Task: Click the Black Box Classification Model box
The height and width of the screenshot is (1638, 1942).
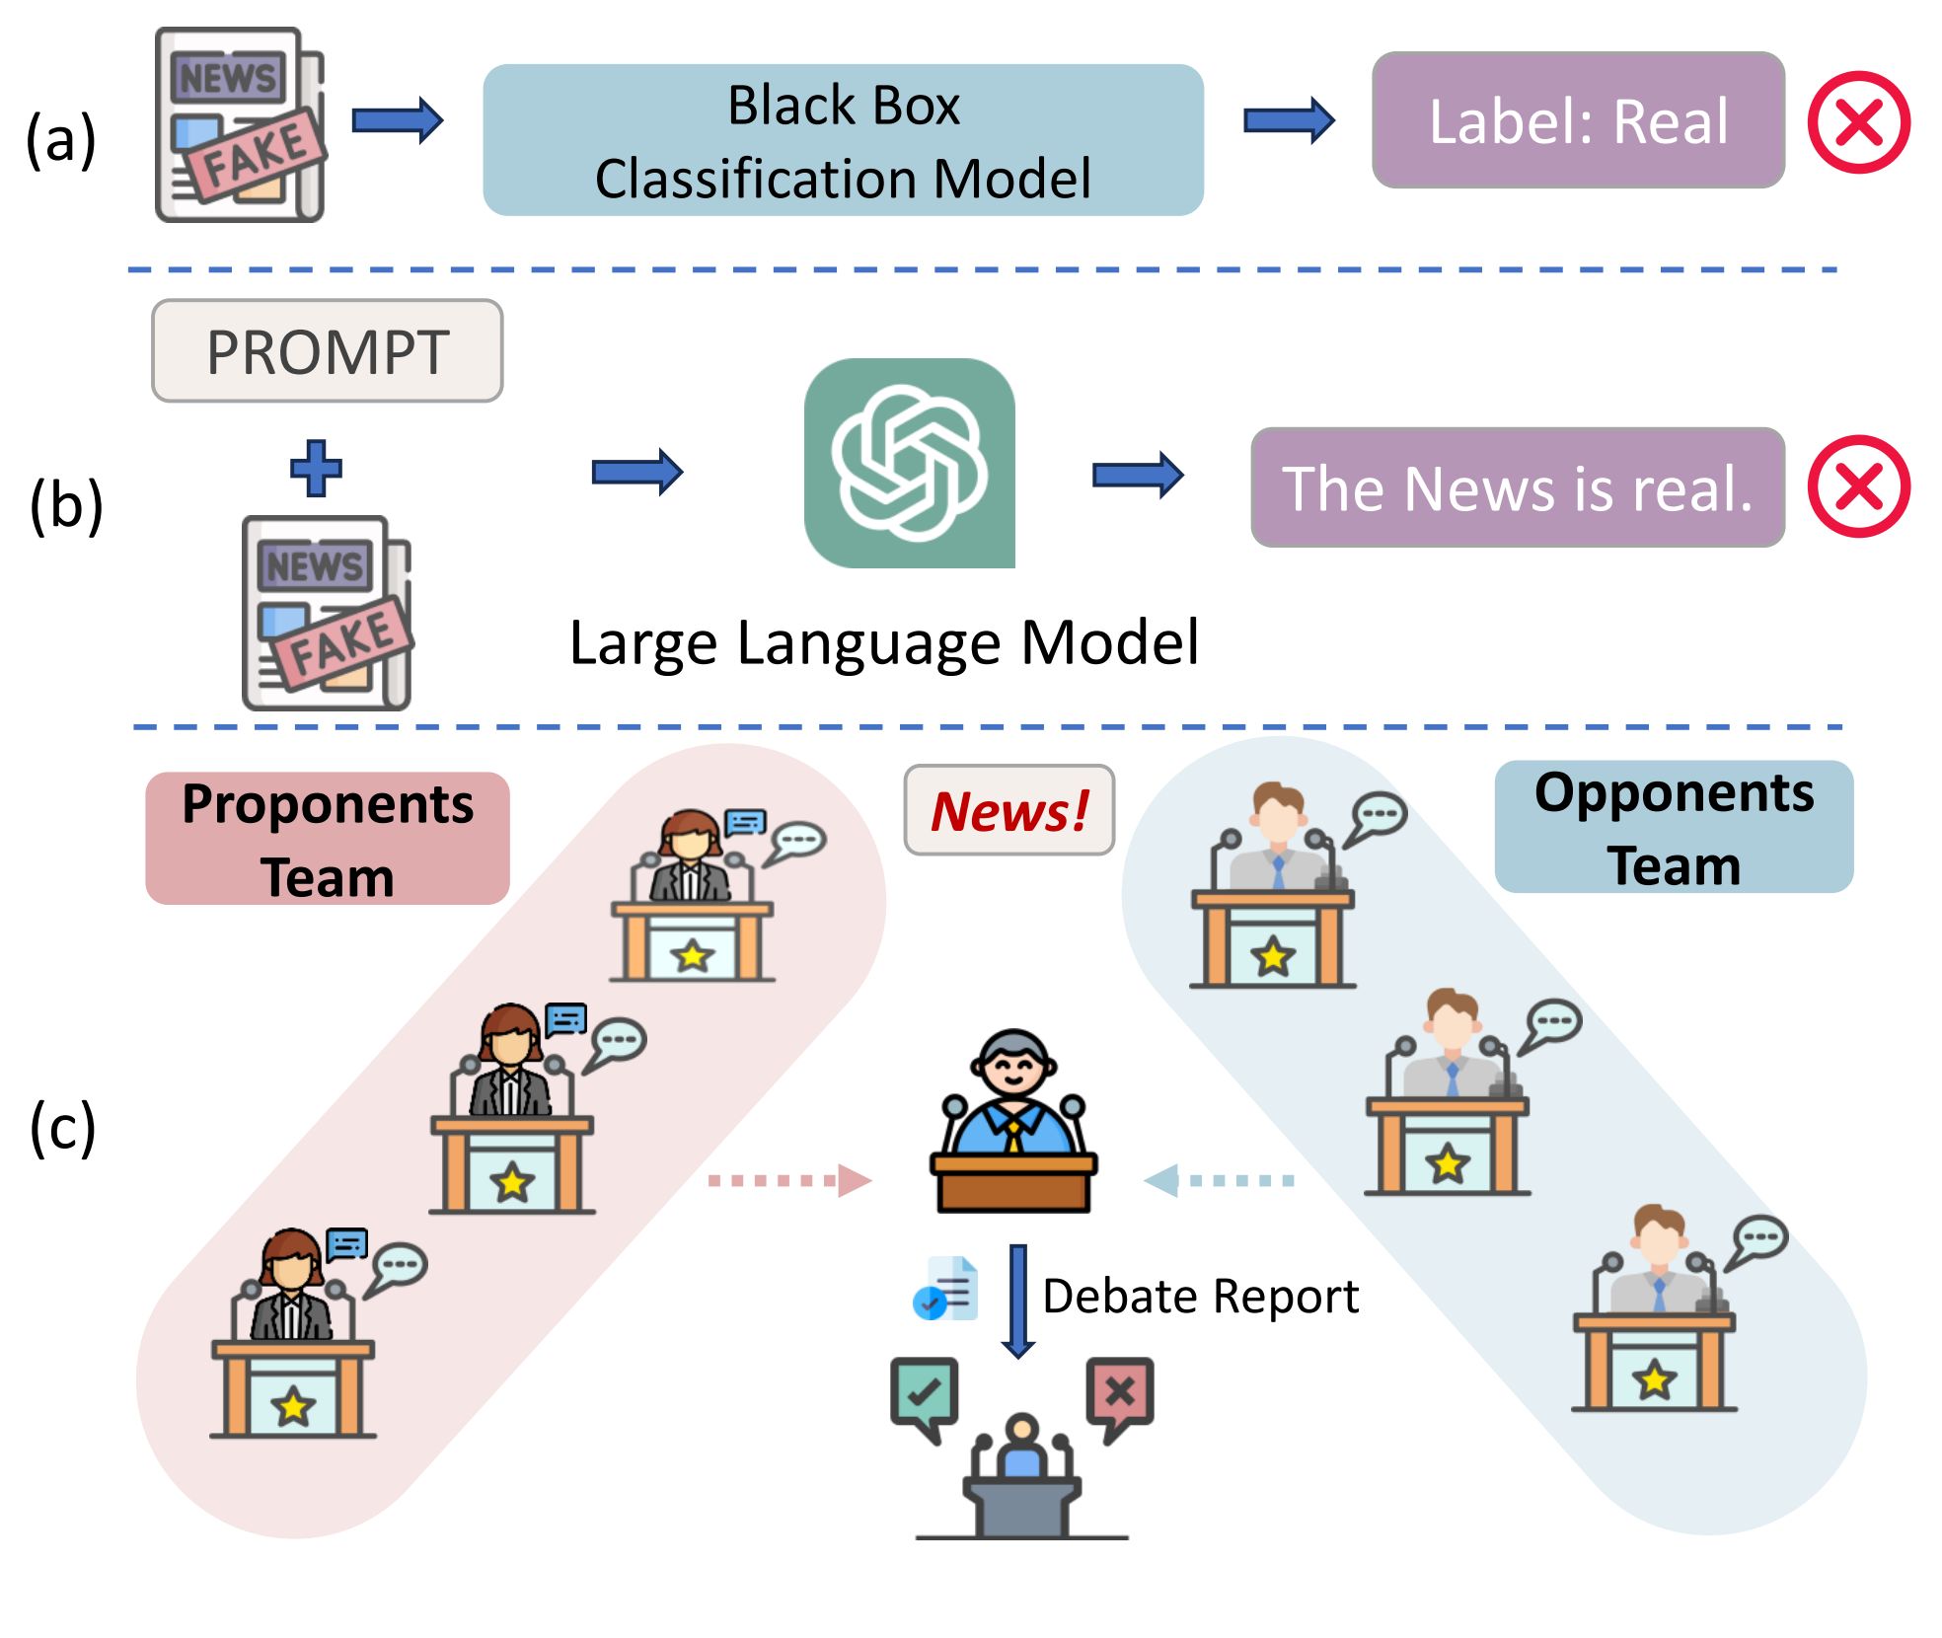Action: (x=843, y=140)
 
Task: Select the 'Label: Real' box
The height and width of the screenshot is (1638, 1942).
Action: (x=1578, y=120)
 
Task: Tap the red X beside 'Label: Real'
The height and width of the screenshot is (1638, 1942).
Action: (x=1858, y=122)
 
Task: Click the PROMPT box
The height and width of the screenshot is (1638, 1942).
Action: (x=327, y=351)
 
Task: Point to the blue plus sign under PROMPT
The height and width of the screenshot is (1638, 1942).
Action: (x=316, y=468)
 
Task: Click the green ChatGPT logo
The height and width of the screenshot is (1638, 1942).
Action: (x=909, y=463)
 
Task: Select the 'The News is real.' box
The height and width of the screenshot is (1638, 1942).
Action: (x=1517, y=487)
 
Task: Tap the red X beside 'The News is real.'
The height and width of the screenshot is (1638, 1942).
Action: (x=1858, y=486)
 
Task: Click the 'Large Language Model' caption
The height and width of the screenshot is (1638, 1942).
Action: (x=884, y=643)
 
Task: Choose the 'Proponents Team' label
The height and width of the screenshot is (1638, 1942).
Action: (x=328, y=839)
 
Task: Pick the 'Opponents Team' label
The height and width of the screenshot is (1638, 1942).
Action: (x=1674, y=827)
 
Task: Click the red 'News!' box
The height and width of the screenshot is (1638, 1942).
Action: (x=1008, y=810)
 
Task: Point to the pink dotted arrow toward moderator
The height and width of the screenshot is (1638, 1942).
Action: (x=789, y=1180)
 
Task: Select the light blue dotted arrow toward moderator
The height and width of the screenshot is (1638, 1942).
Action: (x=1220, y=1180)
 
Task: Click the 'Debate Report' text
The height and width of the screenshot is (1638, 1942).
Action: (x=1200, y=1296)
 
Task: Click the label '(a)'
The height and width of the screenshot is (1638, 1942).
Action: (x=61, y=138)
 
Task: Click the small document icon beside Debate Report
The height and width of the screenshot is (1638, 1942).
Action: (x=946, y=1289)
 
